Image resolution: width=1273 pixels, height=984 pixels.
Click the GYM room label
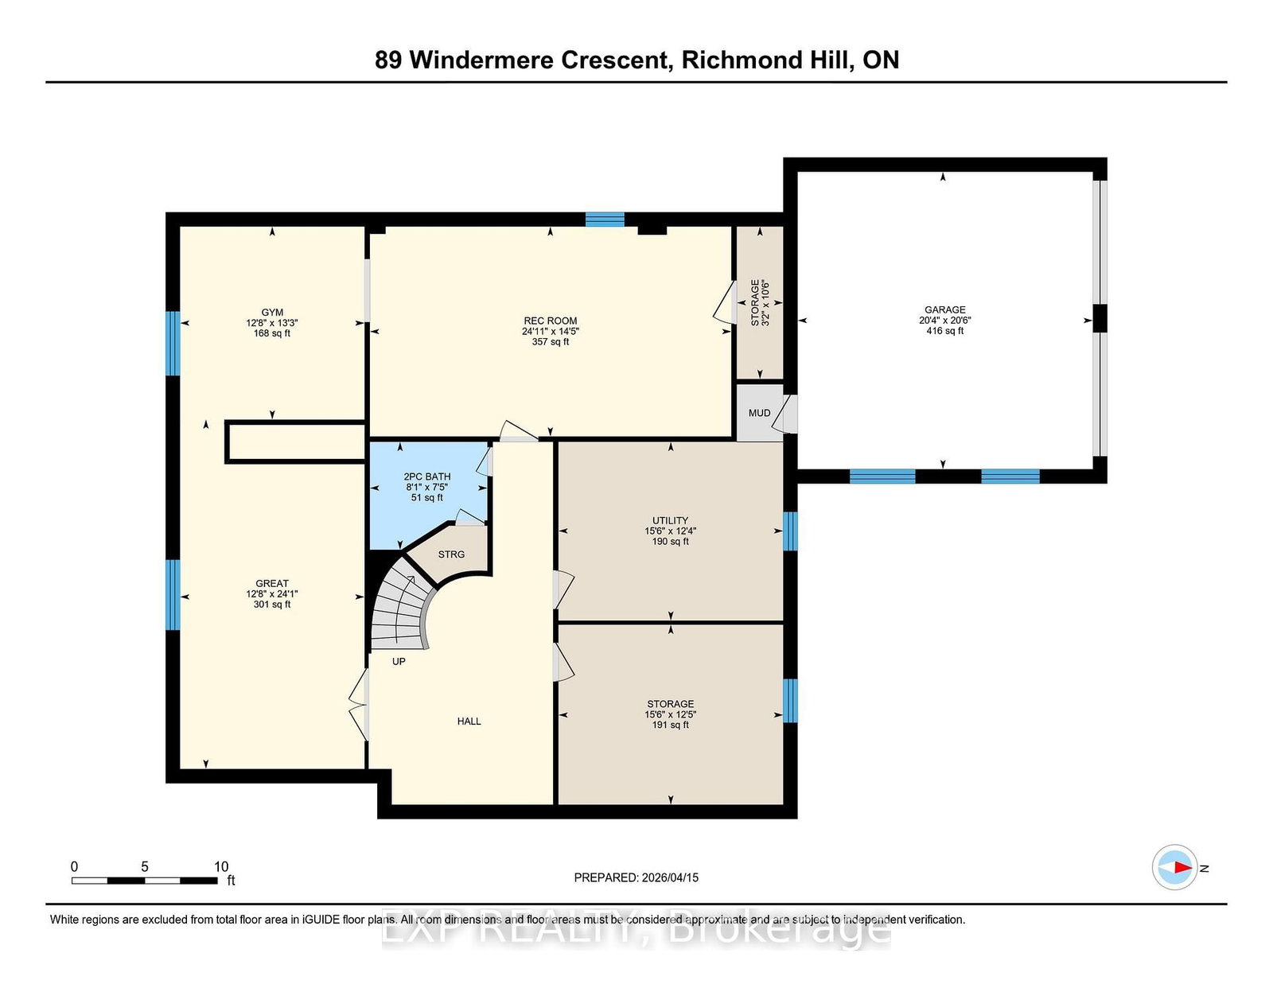(x=272, y=312)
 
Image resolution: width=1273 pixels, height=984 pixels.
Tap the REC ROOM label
(x=550, y=321)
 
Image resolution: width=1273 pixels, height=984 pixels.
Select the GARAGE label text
(x=945, y=310)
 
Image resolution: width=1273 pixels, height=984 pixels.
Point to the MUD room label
(x=759, y=413)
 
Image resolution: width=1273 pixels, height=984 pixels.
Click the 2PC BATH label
(x=427, y=476)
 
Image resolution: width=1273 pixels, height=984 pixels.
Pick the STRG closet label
(x=451, y=554)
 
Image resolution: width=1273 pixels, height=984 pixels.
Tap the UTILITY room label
(x=670, y=521)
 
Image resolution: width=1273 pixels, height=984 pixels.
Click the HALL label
(x=469, y=721)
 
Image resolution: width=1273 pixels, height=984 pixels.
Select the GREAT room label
(x=272, y=583)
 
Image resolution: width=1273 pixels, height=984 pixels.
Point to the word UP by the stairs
(x=399, y=661)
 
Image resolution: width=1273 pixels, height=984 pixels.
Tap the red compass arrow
(x=1183, y=867)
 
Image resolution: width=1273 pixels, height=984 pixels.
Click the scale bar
(x=145, y=881)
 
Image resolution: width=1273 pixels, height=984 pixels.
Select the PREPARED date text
(x=636, y=877)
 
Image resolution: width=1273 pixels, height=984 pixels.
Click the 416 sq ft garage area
(x=945, y=331)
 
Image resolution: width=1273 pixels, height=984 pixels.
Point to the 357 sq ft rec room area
(x=550, y=342)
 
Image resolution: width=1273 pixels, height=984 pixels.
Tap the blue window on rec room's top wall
(x=605, y=219)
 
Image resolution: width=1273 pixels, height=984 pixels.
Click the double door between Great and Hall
(x=359, y=705)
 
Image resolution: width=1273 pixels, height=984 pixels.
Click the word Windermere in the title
(x=481, y=60)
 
